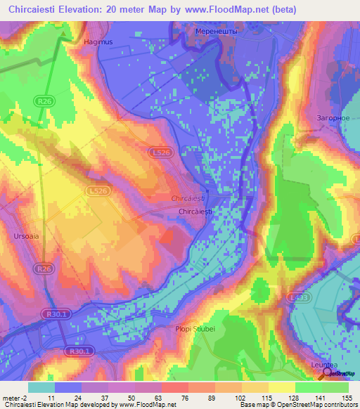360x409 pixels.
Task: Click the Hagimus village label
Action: [x=98, y=42]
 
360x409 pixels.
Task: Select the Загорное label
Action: [x=334, y=117]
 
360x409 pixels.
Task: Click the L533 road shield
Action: [x=298, y=298]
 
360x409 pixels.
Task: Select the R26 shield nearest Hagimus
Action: [x=46, y=101]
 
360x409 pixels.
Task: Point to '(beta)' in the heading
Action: [x=283, y=9]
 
